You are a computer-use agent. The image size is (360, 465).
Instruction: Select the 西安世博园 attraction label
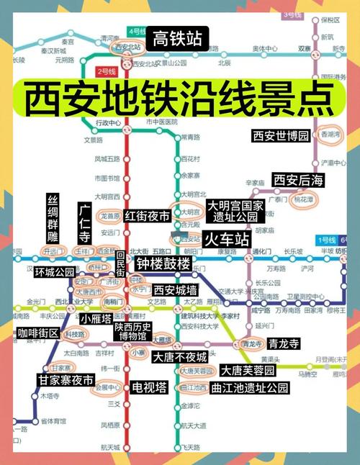click(x=280, y=135)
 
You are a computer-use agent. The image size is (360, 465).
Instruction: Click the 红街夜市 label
click(x=147, y=216)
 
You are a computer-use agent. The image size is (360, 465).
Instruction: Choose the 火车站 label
click(x=225, y=236)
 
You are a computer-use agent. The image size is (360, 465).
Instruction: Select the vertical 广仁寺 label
click(x=84, y=222)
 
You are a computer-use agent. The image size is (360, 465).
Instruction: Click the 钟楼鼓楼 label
click(x=163, y=263)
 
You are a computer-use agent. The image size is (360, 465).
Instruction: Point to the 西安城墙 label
click(x=176, y=289)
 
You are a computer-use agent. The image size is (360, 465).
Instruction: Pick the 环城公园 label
click(x=55, y=272)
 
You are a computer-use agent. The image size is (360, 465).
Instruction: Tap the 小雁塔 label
click(x=95, y=318)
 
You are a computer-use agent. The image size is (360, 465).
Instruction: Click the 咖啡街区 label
click(x=40, y=333)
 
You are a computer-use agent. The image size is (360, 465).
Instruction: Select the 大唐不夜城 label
click(x=180, y=356)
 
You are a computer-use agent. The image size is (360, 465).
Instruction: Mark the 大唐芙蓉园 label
click(x=248, y=371)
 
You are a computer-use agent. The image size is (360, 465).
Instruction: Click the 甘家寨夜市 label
click(x=66, y=380)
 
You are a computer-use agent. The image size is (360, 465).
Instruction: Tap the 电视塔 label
click(x=149, y=387)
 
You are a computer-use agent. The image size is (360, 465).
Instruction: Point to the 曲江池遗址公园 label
click(x=250, y=388)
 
